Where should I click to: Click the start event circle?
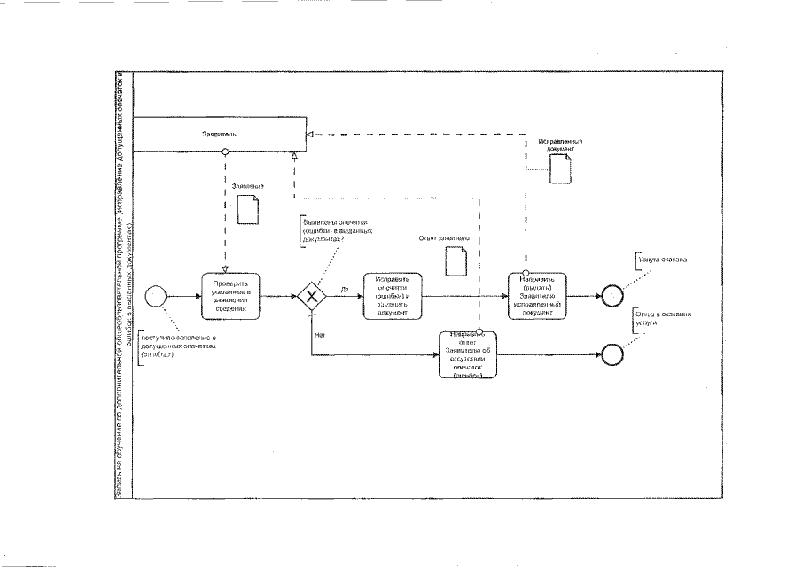[156, 296]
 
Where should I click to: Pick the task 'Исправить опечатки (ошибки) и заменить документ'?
[393, 296]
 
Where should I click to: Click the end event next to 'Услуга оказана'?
[611, 296]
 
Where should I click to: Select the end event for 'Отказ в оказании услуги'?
[611, 354]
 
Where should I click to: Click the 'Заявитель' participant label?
[218, 135]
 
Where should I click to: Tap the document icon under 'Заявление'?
[248, 209]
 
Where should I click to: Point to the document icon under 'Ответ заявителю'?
[455, 260]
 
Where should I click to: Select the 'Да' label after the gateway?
[344, 290]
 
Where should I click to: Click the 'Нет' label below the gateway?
[320, 335]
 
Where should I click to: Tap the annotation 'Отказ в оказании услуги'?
[661, 318]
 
